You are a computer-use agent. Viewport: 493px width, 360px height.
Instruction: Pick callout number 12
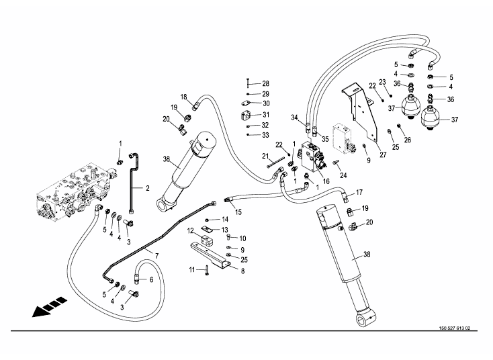[x=191, y=231]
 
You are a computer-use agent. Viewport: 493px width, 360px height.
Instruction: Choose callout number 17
[x=359, y=193]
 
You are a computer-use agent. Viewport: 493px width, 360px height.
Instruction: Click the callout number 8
[x=242, y=271]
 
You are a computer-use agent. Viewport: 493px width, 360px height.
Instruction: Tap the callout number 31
[x=265, y=115]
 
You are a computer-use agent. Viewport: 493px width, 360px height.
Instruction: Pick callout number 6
[x=151, y=280]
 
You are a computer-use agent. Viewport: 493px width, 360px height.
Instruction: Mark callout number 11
[x=191, y=269]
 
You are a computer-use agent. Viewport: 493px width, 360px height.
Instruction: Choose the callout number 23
[x=382, y=82]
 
